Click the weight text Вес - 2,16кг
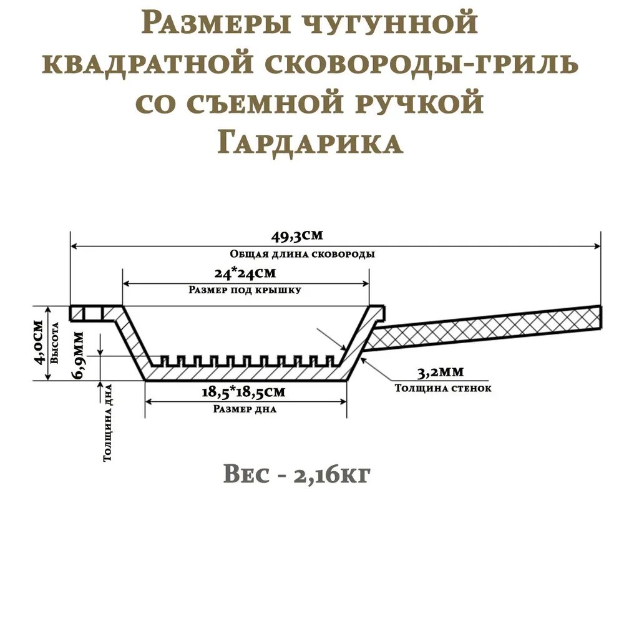tap(297, 475)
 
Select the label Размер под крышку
tap(245, 290)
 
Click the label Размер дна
tap(245, 410)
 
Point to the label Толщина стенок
tap(443, 388)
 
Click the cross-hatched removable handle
tap(487, 328)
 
